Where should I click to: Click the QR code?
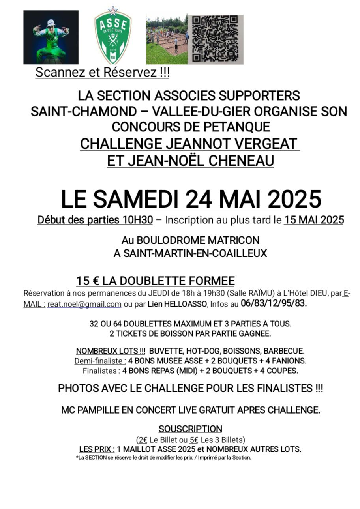215,39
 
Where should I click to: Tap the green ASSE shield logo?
112,36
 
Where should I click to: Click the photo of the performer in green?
51,37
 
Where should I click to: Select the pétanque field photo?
167,39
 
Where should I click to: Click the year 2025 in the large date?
295,198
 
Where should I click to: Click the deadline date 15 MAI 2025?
314,220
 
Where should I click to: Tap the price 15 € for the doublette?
88,281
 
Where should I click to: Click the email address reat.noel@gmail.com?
84,304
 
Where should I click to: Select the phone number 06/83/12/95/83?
273,303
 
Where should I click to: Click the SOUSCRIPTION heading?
190,429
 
